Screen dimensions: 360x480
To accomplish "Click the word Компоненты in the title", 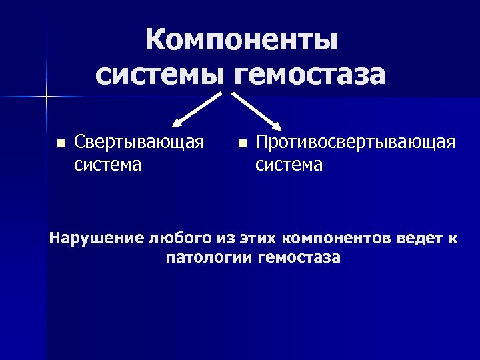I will coord(241,40).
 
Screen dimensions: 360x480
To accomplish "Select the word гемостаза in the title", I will coord(310,75).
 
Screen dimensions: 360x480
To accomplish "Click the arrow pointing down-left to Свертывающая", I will coord(197,109).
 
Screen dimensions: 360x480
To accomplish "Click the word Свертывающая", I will coord(139,142).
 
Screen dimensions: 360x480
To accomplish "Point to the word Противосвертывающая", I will coord(356,142).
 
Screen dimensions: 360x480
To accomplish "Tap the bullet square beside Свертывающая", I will coord(61,143).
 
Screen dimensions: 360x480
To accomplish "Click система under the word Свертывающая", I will coord(107,164).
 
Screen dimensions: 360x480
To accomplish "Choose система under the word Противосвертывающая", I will coord(289,164).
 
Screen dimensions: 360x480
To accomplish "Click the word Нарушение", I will coord(97,237).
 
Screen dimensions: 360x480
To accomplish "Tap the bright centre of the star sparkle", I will coord(47,98).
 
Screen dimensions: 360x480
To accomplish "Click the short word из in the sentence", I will coord(223,237).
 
